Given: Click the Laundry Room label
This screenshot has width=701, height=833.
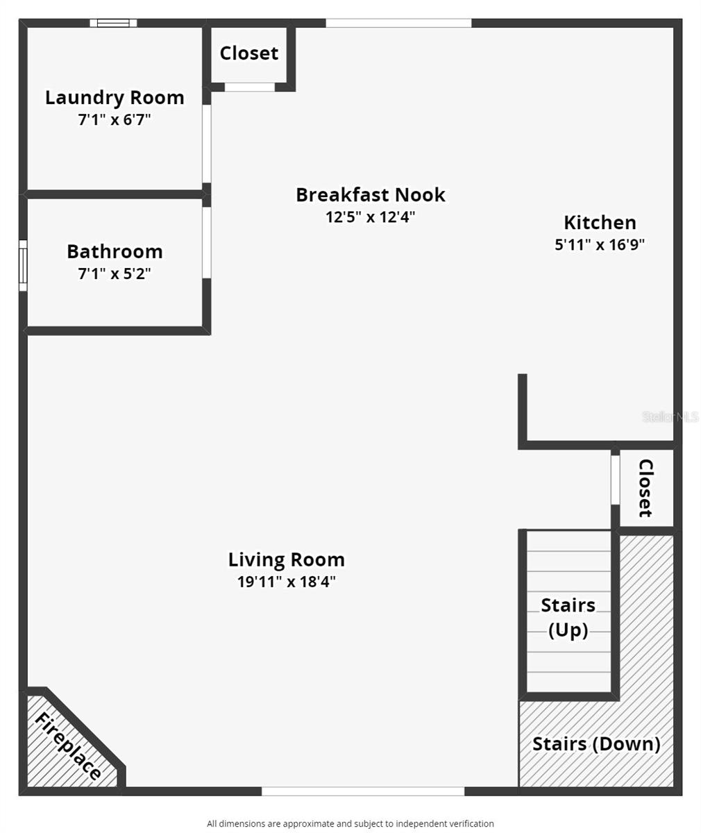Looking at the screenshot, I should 115,98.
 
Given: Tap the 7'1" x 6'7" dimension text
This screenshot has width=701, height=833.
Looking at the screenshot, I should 115,119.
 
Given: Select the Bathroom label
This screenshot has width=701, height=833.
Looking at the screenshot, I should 115,251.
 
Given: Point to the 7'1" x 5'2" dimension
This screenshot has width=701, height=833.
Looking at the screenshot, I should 115,274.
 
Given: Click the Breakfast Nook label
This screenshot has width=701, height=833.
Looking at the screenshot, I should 371,195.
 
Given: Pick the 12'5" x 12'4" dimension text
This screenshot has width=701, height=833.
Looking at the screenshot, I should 371,217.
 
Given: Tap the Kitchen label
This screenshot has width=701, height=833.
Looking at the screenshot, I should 600,223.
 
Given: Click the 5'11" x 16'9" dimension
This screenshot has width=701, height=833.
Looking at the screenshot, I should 600,245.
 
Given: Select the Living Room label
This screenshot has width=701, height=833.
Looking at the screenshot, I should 286,559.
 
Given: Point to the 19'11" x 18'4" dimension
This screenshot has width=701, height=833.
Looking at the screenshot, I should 286,582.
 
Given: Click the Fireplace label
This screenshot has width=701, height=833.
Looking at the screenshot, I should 68,746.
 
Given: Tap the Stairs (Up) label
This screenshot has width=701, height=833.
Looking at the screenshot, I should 568,618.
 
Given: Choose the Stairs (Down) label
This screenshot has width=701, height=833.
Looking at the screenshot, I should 596,744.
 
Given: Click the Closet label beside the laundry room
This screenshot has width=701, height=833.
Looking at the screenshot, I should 249,53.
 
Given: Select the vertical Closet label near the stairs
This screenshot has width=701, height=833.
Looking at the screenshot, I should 645,488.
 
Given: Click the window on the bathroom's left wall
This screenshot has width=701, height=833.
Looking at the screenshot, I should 23,265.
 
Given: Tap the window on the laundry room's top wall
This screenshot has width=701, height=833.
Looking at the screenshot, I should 113,23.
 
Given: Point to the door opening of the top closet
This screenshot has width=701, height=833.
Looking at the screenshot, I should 250,87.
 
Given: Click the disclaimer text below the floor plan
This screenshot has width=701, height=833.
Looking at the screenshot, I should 350,824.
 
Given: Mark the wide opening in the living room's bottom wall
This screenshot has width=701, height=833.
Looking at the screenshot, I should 362,791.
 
